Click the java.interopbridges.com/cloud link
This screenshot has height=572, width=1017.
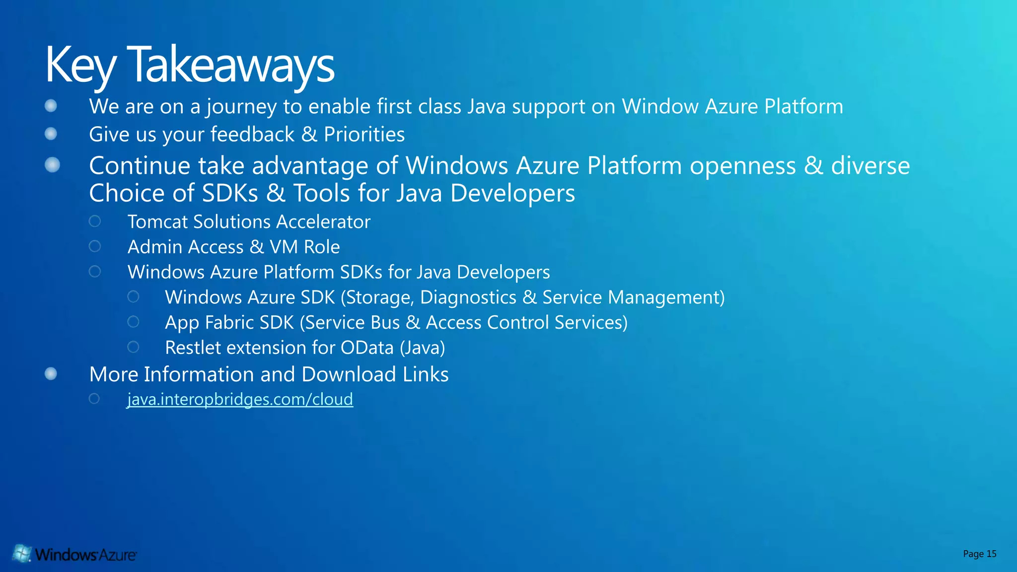[240, 399]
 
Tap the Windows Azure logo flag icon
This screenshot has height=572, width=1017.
[22, 553]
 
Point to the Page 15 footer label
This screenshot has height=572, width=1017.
[979, 554]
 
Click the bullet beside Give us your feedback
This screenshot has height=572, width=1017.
[51, 134]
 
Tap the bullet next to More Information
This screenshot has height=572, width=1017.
[51, 373]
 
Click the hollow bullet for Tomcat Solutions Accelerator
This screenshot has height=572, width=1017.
[95, 221]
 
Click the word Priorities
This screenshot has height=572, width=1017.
[364, 135]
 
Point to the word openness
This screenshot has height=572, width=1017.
[742, 166]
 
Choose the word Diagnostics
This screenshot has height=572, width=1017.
[468, 297]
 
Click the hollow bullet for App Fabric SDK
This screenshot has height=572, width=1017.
[133, 322]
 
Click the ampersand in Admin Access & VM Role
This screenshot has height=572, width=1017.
[257, 247]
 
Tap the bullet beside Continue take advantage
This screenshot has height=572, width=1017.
[52, 165]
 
